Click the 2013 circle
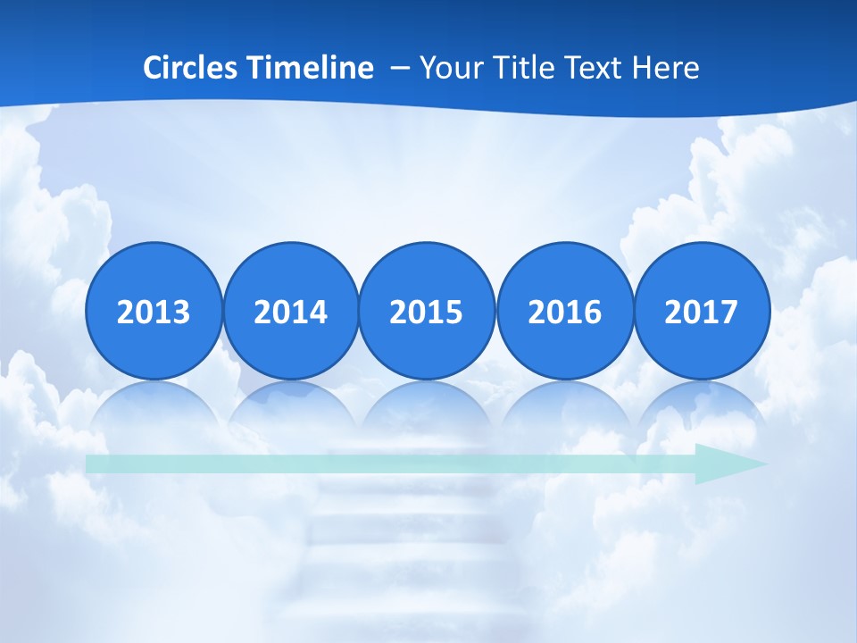tap(154, 311)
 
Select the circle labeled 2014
tap(291, 311)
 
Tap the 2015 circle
tap(427, 311)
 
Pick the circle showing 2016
tap(565, 311)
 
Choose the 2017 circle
tap(702, 311)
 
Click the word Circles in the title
tap(189, 68)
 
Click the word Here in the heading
tap(666, 68)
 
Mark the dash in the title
tap(400, 69)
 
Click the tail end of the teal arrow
tap(92, 463)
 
